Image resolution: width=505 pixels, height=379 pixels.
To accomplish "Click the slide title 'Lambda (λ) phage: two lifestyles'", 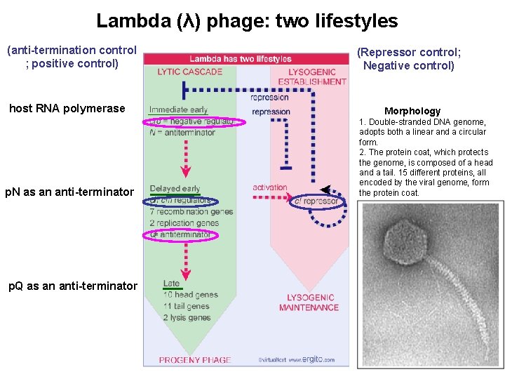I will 247,21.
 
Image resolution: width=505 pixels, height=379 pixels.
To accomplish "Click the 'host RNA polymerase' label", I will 67,108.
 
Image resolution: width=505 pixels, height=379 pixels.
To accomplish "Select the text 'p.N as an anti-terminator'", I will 69,192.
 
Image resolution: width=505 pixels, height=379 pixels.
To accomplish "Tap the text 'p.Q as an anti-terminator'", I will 72,286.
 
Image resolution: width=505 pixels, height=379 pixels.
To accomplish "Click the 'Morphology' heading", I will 412,111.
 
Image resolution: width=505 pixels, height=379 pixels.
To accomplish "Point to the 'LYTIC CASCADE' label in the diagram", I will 189,72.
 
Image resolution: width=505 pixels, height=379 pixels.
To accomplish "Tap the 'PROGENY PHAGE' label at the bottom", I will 194,360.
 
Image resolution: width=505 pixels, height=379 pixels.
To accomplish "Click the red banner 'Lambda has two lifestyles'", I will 241,59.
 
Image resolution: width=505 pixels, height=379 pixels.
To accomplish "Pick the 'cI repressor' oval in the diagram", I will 316,201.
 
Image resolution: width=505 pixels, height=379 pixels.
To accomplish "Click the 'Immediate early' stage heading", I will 178,109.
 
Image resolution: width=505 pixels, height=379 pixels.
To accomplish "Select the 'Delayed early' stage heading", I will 175,189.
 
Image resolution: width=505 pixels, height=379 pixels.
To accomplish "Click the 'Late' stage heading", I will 171,284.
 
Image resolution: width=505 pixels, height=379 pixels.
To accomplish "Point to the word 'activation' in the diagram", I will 270,187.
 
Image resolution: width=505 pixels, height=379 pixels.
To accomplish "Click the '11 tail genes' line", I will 186,306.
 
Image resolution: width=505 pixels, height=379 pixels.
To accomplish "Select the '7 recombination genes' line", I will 191,212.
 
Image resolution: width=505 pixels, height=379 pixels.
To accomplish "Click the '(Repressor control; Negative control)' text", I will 408,59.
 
